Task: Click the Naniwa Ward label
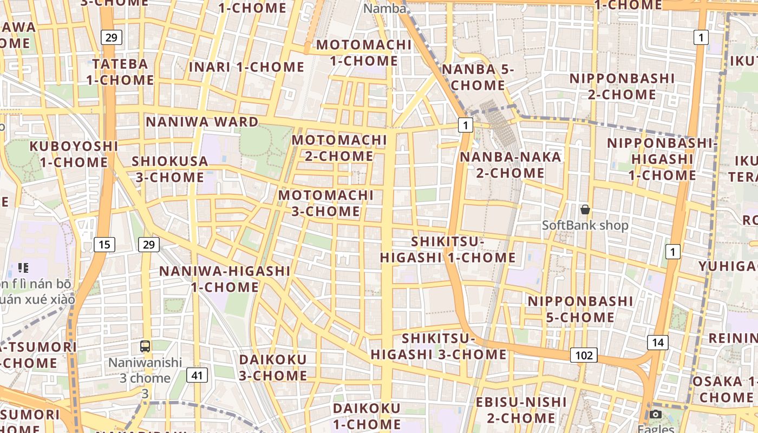click(202, 121)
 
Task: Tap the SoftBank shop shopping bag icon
click(585, 209)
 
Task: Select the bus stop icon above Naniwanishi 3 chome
click(145, 346)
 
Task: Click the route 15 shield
click(104, 245)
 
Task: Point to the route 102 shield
click(584, 355)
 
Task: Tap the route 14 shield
click(657, 342)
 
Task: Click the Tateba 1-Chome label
click(120, 72)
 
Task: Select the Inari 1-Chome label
click(246, 67)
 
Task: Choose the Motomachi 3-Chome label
click(326, 203)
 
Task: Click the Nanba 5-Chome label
click(478, 77)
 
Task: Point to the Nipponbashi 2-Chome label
click(622, 87)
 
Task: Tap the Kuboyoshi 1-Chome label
click(74, 154)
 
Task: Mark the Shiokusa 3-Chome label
click(170, 169)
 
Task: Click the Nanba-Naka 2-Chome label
click(511, 165)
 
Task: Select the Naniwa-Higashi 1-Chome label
click(225, 279)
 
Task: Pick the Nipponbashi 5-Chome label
click(580, 309)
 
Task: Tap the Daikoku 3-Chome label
click(273, 368)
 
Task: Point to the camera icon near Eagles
click(656, 415)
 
